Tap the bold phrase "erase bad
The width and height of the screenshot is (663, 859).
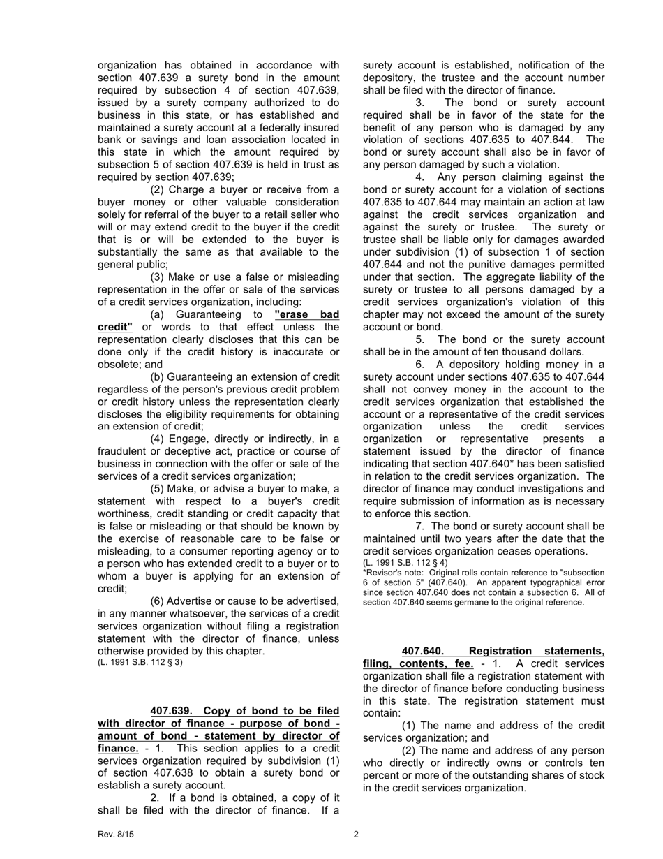[x=307, y=314]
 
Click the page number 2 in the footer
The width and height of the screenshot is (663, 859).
[x=356, y=834]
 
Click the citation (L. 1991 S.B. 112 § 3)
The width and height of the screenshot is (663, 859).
[x=140, y=662]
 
